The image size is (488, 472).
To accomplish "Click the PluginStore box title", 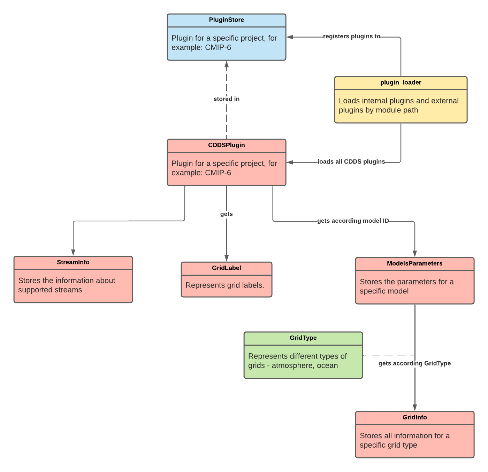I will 226,20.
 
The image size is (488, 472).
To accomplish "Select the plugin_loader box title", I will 401,82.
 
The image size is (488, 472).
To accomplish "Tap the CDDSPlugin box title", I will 226,145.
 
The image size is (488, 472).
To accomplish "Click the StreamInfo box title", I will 73,262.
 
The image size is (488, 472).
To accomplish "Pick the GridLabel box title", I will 226,268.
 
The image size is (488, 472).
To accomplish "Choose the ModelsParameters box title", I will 414,263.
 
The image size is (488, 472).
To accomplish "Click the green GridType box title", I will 303,338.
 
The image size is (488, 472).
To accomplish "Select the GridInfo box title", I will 414,417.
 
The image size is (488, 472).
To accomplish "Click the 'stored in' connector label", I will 226,99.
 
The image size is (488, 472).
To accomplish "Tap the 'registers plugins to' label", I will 351,36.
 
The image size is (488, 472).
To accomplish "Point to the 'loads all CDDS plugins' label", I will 351,162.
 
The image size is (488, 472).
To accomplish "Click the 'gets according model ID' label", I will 353,221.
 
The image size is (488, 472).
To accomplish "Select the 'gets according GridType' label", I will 414,363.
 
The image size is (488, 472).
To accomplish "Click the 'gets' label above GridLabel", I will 226,214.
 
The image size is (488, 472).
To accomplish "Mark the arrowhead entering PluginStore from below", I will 227,64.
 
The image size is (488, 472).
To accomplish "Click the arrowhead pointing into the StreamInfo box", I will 73,253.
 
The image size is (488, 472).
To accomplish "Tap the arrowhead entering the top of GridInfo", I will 415,408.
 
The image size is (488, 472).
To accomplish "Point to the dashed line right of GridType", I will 389,355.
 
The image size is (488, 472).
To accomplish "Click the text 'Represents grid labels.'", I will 225,285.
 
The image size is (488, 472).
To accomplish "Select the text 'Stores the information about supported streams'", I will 67,285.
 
